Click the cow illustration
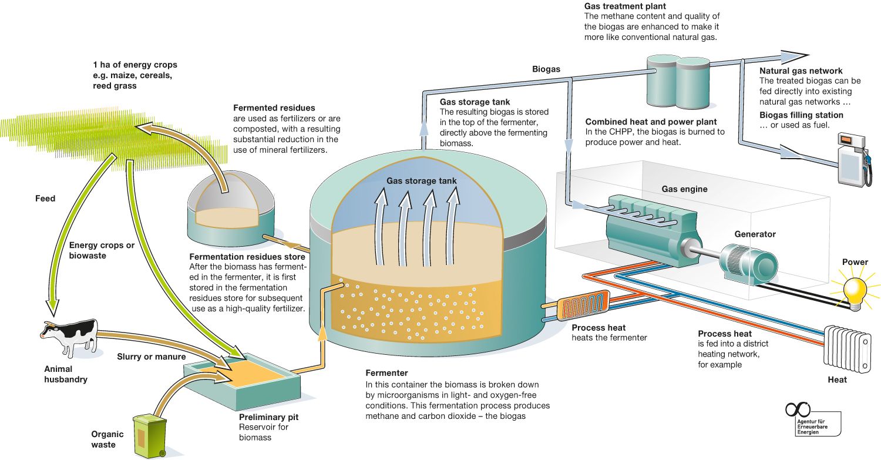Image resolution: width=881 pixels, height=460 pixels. [x=70, y=337]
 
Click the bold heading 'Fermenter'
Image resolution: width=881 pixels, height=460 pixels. [x=386, y=373]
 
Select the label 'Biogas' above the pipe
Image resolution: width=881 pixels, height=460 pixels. [x=546, y=69]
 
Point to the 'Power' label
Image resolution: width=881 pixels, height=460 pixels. [x=855, y=262]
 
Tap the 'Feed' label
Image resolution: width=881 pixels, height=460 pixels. [x=45, y=199]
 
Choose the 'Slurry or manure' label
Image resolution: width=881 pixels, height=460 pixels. [x=151, y=357]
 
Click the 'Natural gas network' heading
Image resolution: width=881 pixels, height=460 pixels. [x=801, y=71]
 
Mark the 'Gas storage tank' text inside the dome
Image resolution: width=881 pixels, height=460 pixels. [x=421, y=181]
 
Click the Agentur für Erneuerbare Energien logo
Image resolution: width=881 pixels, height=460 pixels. [x=812, y=419]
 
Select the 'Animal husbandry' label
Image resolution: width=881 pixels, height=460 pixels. [x=66, y=374]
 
